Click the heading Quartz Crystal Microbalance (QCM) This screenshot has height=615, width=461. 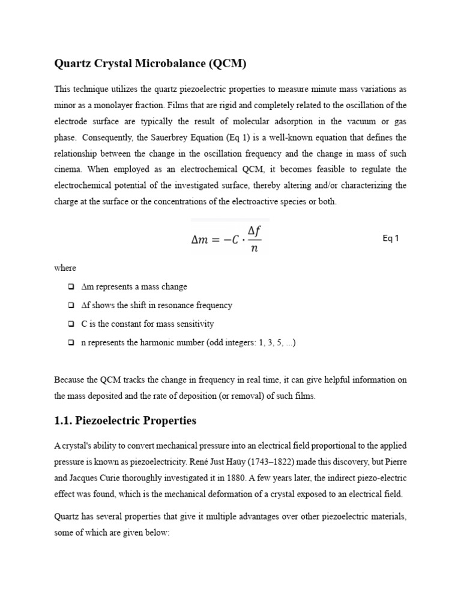point(151,63)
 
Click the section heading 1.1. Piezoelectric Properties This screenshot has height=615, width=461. point(125,421)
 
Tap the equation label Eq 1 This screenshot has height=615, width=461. point(391,238)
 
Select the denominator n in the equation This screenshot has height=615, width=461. point(255,248)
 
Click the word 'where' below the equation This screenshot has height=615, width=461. point(65,268)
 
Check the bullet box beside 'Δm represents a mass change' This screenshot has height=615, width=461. point(71,287)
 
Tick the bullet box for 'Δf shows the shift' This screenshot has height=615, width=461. point(71,306)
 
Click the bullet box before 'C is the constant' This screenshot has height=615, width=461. point(71,324)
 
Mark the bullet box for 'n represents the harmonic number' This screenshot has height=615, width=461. point(71,343)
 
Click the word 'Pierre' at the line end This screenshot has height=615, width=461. point(396,462)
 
